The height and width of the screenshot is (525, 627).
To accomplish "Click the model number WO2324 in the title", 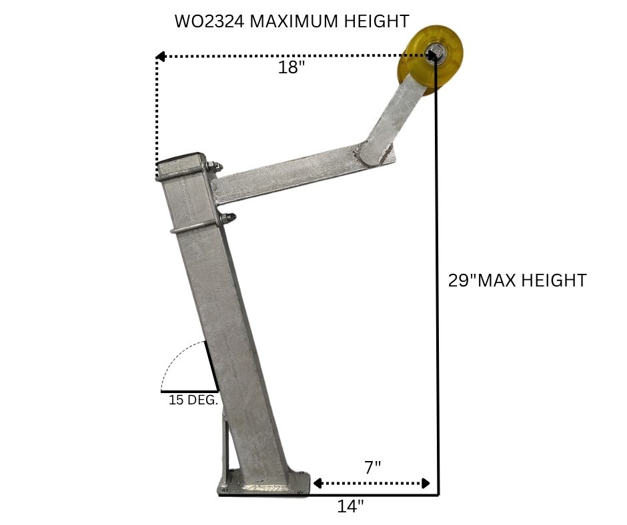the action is (209, 21).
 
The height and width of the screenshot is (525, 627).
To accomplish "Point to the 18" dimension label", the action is (291, 67).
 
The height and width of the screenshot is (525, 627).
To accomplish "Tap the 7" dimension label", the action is (373, 467).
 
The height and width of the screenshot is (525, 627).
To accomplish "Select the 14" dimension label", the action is (351, 506).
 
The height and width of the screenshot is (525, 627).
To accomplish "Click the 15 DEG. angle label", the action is (193, 400).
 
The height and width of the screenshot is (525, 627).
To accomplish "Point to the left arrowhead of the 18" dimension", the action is (160, 57).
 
